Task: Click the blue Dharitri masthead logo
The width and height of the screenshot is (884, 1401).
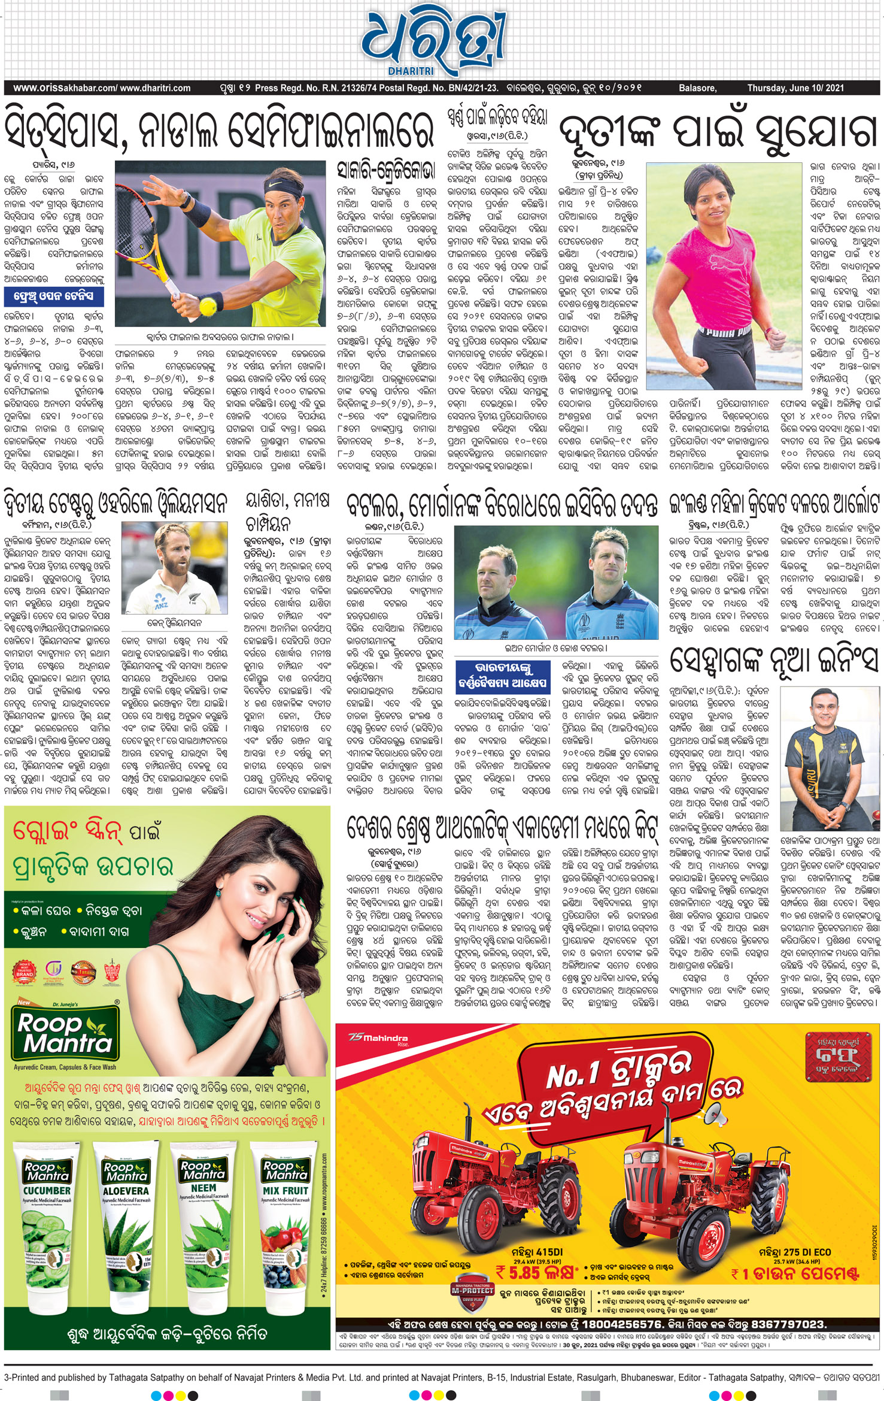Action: pyautogui.click(x=433, y=41)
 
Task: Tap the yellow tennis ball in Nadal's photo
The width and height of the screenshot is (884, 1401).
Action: pyautogui.click(x=208, y=307)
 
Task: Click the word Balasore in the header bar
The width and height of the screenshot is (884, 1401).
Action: pyautogui.click(x=697, y=88)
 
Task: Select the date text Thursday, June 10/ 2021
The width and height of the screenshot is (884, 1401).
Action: pyautogui.click(x=795, y=88)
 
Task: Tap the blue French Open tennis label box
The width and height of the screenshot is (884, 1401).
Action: pyautogui.click(x=53, y=296)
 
